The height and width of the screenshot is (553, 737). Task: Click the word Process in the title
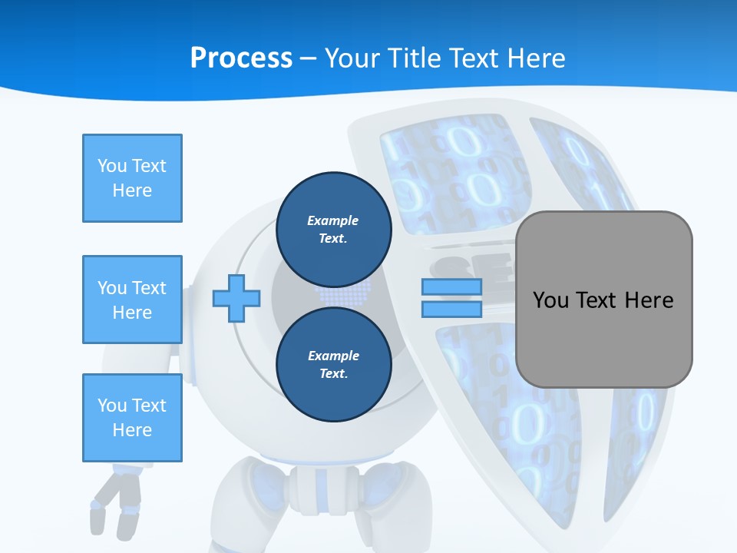click(x=241, y=58)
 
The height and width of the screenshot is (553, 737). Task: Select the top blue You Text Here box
click(x=132, y=178)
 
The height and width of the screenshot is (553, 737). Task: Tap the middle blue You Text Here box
click(x=132, y=300)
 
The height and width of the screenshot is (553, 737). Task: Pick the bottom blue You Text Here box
click(x=132, y=418)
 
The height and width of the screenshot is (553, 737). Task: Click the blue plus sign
click(x=236, y=298)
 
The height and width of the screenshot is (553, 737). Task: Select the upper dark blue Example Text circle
click(x=333, y=229)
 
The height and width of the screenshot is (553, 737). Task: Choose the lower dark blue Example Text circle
click(x=333, y=364)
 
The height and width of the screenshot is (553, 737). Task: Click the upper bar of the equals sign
click(x=452, y=287)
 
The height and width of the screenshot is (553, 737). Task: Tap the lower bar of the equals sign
click(x=452, y=309)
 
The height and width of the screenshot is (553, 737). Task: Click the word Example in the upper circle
click(x=333, y=220)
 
